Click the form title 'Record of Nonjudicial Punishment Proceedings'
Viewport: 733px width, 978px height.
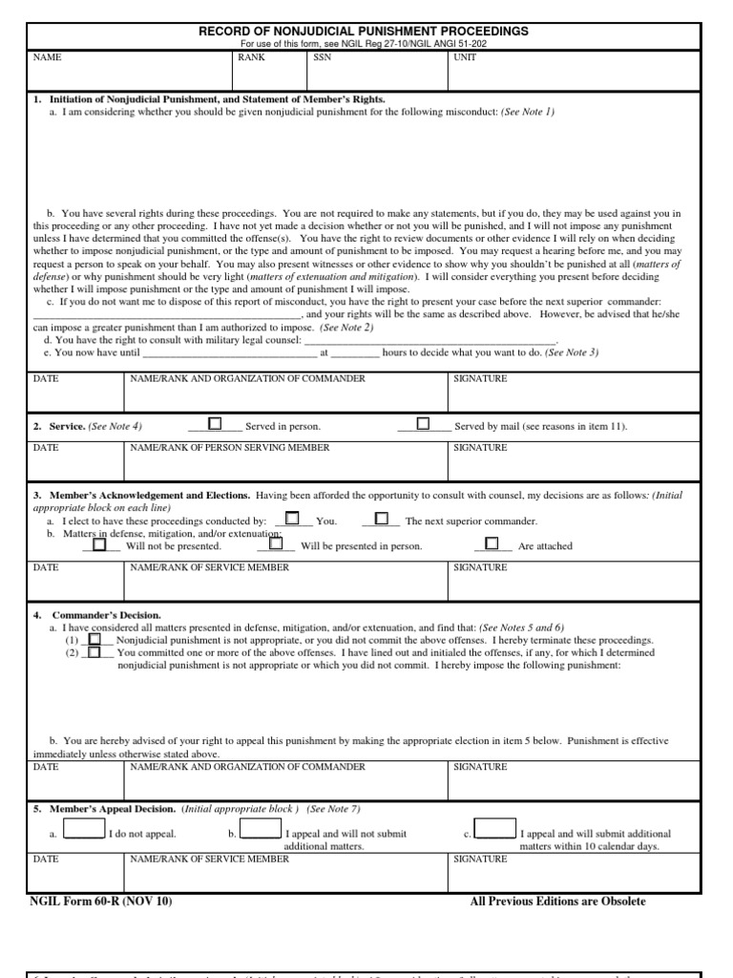point(363,32)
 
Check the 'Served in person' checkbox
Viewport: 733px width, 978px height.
point(215,423)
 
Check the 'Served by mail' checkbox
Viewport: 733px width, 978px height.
point(423,423)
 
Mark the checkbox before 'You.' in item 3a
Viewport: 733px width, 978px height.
point(293,519)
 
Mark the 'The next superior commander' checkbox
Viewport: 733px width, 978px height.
point(382,519)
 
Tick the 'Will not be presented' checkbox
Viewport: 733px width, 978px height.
point(99,543)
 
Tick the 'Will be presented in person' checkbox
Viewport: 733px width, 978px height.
point(276,543)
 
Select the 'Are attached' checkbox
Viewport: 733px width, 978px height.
point(492,543)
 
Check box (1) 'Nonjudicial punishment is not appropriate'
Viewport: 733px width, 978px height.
point(94,639)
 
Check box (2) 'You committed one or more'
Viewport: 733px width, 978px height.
point(94,652)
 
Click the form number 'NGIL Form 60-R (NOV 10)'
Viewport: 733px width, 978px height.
point(102,902)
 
